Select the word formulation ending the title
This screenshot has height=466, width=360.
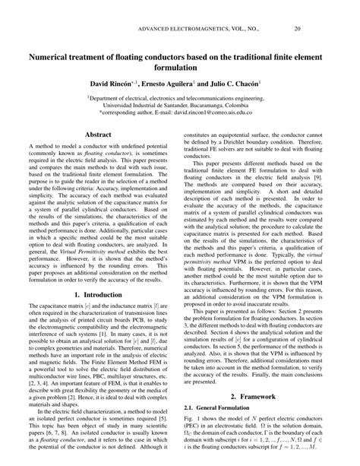(180, 68)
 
